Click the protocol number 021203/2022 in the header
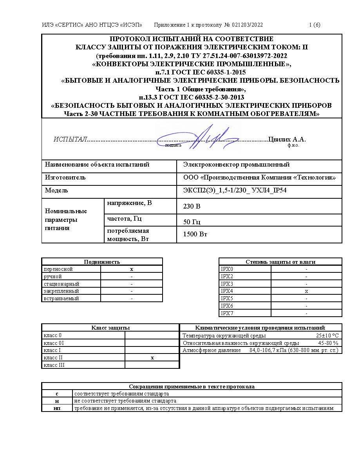point(247,25)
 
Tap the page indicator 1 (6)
point(315,25)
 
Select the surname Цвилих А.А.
point(287,140)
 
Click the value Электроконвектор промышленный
point(236,165)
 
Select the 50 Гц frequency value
point(192,222)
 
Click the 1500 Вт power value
point(195,234)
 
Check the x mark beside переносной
point(132,269)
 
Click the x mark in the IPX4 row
point(306,291)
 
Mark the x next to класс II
point(152,358)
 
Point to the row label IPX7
point(227,313)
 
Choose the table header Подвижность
point(102,262)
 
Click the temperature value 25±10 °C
point(327,335)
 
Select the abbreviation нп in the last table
point(57,408)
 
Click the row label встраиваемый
point(62,298)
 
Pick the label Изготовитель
point(65,178)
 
